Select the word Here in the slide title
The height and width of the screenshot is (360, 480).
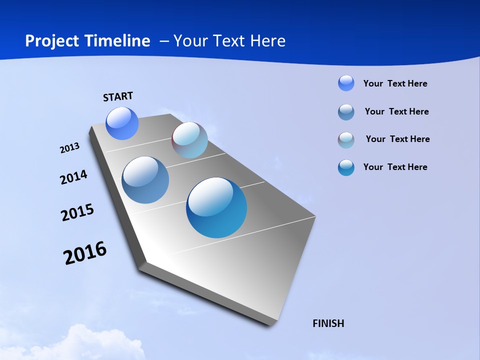268,41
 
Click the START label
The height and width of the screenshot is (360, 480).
118,96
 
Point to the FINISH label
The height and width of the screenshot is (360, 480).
328,323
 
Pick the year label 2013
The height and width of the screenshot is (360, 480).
69,148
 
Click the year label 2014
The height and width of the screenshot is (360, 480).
73,177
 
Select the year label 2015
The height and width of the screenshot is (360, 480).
77,212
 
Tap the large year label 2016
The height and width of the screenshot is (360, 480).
85,253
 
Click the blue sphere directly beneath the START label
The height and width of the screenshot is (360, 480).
122,123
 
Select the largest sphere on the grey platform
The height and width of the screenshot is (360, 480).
216,207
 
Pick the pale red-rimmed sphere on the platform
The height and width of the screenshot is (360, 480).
189,140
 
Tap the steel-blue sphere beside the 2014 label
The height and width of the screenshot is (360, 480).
145,180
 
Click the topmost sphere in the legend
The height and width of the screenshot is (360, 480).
346,83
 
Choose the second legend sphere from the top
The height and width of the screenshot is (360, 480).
346,112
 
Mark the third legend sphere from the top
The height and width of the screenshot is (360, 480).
346,140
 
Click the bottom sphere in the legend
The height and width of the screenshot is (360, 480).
346,167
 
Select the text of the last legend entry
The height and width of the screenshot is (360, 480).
395,167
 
